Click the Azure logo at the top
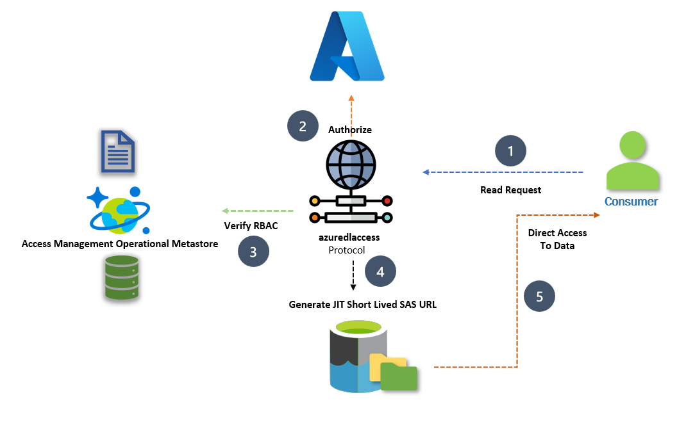click(347, 47)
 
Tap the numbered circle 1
click(510, 152)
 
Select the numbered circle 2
click(303, 125)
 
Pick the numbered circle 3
click(253, 252)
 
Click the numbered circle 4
click(381, 271)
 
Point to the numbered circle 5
click(539, 296)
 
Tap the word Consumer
click(631, 202)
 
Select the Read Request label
click(510, 190)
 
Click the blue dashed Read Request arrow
click(503, 172)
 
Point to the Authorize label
click(350, 130)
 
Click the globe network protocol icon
click(351, 182)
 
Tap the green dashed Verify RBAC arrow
click(257, 211)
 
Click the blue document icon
click(117, 151)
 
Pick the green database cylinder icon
click(122, 278)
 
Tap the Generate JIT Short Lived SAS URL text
click(362, 305)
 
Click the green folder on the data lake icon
click(398, 376)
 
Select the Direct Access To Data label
click(557, 239)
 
